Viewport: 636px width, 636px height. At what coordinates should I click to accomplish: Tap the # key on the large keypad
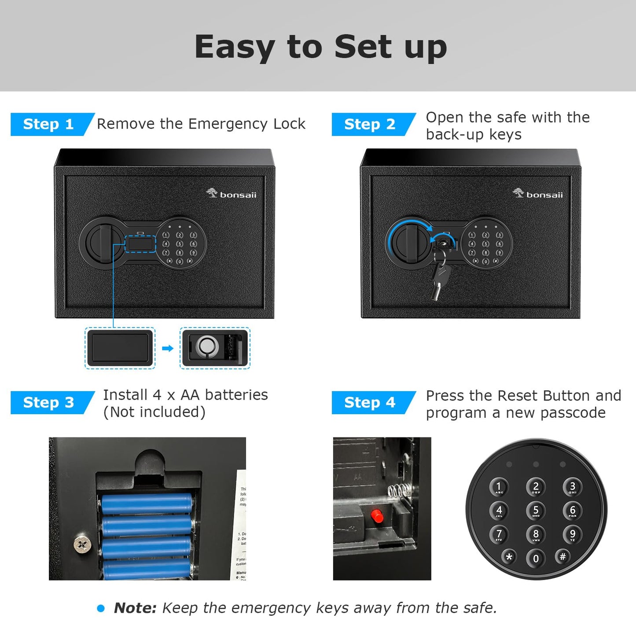pos(562,557)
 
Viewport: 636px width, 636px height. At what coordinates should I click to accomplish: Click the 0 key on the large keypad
pos(536,559)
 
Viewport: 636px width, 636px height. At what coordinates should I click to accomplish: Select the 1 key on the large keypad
pos(499,487)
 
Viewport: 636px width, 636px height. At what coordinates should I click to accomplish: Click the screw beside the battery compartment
pos(82,545)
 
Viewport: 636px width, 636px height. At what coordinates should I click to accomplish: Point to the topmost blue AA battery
pos(147,504)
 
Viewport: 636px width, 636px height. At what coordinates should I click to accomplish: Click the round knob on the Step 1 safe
pos(101,242)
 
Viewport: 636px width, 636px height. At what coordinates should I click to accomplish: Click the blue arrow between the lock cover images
pos(168,349)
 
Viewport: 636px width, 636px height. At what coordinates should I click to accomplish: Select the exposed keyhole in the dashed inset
pos(207,346)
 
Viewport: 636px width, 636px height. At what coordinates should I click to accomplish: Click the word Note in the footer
pos(135,608)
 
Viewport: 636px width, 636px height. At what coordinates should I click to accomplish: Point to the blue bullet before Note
pos(101,608)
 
